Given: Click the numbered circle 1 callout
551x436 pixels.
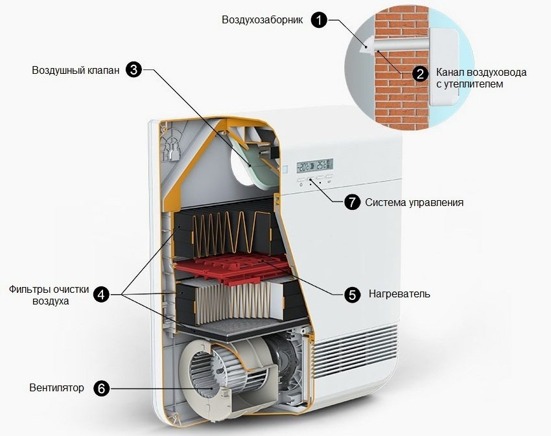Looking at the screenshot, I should coord(318,20).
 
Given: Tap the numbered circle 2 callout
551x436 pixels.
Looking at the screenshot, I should coord(420,73).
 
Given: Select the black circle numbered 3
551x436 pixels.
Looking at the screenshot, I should coord(134,70).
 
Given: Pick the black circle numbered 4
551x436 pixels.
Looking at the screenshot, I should coord(100,294).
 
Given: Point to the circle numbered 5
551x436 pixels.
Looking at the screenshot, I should coord(351,294).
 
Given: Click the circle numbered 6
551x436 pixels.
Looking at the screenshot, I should coord(101,388).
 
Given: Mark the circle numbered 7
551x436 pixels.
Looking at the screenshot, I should coord(351,202).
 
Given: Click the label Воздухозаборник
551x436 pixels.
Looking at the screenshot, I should coord(263,20).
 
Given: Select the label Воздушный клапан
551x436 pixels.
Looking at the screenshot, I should coord(76,70).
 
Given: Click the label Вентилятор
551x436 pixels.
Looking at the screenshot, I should coord(57,388).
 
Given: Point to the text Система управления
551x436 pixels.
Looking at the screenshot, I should coord(414,202).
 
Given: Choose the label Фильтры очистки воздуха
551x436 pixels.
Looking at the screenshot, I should coord(49,295).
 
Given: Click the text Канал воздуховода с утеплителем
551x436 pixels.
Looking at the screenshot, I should coord(481,78).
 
